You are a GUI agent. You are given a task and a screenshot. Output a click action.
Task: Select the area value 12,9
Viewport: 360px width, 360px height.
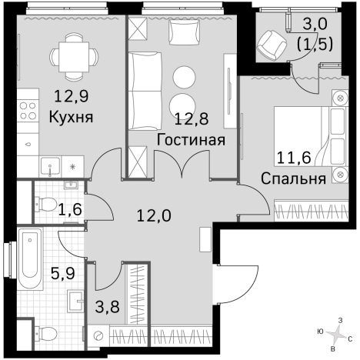click(70, 98)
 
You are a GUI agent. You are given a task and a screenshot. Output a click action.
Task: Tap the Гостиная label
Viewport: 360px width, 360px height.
click(190, 140)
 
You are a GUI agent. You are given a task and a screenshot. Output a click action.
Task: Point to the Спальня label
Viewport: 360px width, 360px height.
click(292, 179)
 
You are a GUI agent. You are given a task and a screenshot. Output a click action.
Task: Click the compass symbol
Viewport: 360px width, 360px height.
click(337, 333)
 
